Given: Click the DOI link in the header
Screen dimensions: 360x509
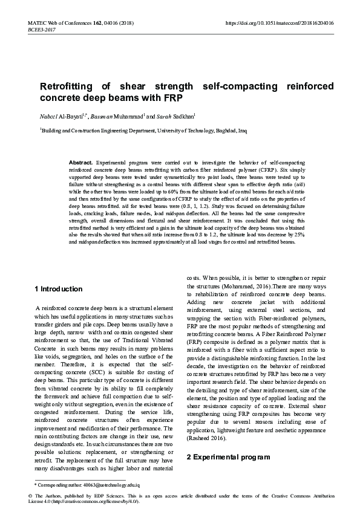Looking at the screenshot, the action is pyautogui.click(x=279, y=22).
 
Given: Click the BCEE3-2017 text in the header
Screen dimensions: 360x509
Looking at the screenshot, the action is pyautogui.click(x=41, y=28).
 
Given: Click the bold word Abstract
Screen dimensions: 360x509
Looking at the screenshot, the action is pyautogui.click(x=81, y=163).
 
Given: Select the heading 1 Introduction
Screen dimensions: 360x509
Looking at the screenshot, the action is pyautogui.click(x=59, y=289).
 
